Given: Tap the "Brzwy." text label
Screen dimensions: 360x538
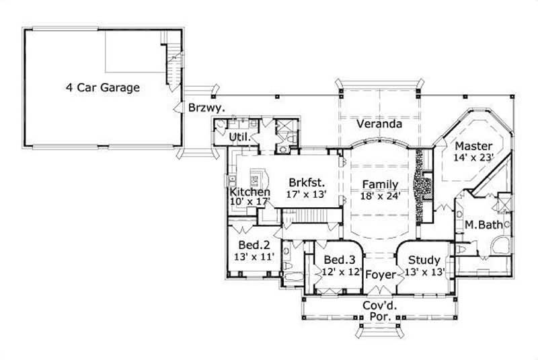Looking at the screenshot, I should coord(206,108).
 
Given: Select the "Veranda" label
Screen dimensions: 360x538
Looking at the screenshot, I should coord(379,124).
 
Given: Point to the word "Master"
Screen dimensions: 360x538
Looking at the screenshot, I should coord(473,146).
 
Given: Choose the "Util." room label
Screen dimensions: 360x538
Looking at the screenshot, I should coord(240,137).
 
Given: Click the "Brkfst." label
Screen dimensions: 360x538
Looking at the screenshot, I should coord(307,182).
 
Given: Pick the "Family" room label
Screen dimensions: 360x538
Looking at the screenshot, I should coord(380,184).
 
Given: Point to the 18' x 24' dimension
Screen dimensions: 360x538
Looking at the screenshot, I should coord(380,196).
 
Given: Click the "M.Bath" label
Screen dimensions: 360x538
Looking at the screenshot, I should coord(484,224).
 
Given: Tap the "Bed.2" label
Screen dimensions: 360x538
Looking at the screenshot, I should coord(254,245).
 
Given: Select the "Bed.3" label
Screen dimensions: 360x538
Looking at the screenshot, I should coord(339,260).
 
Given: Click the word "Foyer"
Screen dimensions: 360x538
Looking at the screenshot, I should coord(380,275).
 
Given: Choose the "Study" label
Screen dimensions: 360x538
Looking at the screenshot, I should coord(424,260).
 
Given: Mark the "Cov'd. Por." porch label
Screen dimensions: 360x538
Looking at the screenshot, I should coord(380,312).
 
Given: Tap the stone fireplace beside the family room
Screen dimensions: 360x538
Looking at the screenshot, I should coord(421,186).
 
